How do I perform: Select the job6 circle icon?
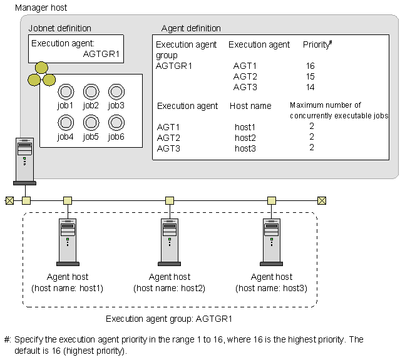(x=116, y=122)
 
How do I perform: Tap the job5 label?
(x=91, y=136)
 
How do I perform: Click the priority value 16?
(x=310, y=66)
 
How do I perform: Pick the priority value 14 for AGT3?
(x=310, y=87)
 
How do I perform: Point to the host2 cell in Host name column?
(x=245, y=138)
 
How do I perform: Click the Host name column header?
(x=250, y=106)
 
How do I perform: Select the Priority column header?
(x=317, y=45)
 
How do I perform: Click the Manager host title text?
(x=40, y=8)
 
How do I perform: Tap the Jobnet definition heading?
(x=59, y=28)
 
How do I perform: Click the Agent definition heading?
(x=191, y=28)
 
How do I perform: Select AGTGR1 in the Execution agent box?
(x=101, y=54)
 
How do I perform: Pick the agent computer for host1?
(x=68, y=241)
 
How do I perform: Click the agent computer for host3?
(x=272, y=241)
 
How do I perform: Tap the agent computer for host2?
(x=170, y=241)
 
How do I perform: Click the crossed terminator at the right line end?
(x=321, y=200)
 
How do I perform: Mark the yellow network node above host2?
(x=170, y=200)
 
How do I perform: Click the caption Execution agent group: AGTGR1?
(x=169, y=319)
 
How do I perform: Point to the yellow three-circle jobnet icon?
(x=41, y=75)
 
